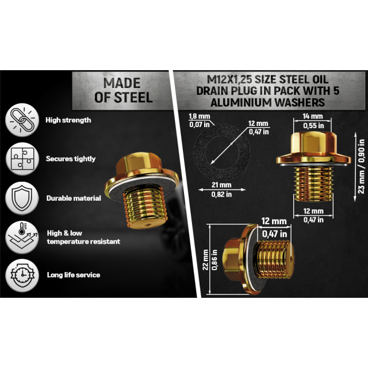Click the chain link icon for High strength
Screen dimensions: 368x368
pos(22,120)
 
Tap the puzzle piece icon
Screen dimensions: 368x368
pos(22,159)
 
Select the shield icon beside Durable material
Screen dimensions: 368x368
pos(22,198)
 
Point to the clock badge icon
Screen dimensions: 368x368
pos(22,275)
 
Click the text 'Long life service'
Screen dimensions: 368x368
pos(74,275)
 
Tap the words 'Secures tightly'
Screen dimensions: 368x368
pos(71,159)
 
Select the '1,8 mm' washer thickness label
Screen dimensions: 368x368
pos(200,116)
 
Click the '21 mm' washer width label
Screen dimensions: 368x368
pos(221,185)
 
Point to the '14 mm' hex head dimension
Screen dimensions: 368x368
pos(313,116)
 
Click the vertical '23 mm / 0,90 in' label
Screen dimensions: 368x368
pos(362,166)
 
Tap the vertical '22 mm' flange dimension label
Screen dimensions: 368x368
pos(206,260)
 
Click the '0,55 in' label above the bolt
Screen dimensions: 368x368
pos(313,126)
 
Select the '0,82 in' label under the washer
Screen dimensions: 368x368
pos(221,194)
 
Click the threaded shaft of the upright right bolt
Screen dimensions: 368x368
pos(313,184)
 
